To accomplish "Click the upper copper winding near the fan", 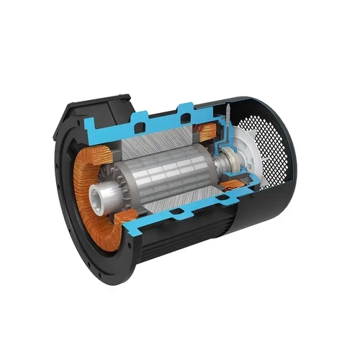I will (x=208, y=132).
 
